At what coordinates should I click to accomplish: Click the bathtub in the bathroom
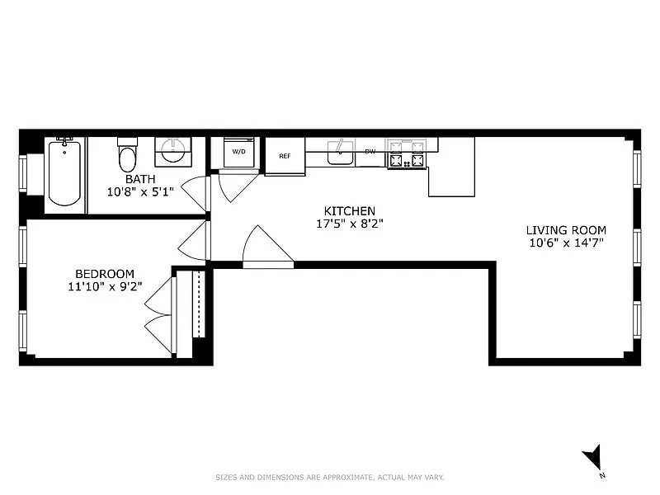coord(64,172)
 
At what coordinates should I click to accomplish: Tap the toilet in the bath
coord(128,155)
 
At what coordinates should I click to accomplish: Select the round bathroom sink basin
coord(173,150)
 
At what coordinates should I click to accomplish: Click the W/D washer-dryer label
coord(238,152)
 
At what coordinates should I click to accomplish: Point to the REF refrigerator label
coord(285,156)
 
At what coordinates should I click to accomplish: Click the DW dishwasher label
coord(370,152)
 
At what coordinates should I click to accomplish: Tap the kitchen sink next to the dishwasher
coord(340,153)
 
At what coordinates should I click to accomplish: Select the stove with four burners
coord(407,154)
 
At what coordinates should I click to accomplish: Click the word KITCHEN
coord(349,211)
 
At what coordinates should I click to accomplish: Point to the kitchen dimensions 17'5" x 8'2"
coord(349,224)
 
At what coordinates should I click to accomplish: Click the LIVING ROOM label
coord(566,230)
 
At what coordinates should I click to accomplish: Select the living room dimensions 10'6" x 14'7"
coord(566,243)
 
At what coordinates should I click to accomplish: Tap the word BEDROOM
coord(105,274)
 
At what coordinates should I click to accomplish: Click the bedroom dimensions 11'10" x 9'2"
coord(105,286)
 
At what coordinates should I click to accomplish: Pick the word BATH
coord(140,179)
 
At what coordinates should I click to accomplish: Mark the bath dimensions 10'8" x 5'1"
coord(140,192)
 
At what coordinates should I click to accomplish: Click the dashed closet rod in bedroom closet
coord(199,304)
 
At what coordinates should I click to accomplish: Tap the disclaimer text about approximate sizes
coord(330,478)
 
